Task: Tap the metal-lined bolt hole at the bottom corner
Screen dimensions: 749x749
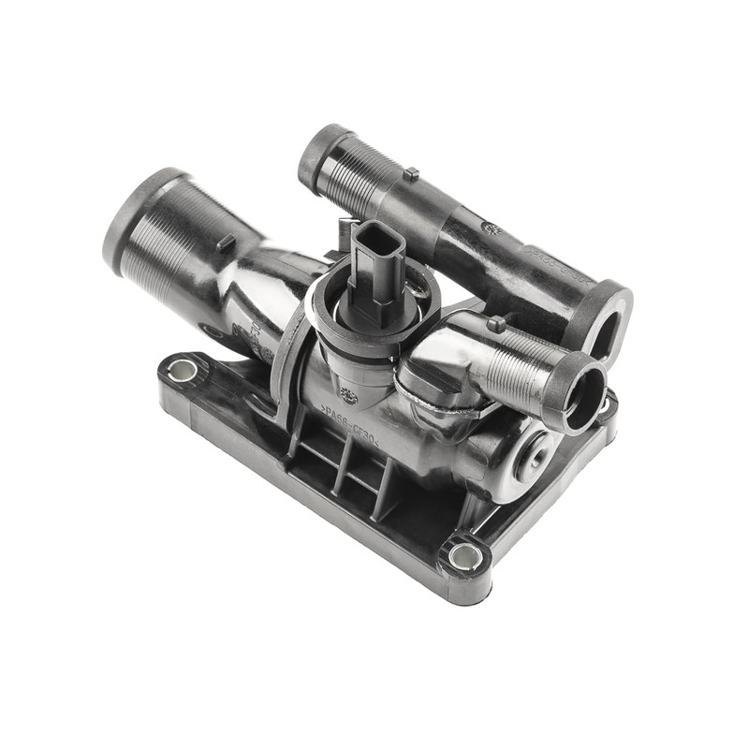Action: (465, 557)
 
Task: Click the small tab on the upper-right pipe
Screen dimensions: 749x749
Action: (410, 174)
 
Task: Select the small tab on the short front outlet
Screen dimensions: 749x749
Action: (496, 325)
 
